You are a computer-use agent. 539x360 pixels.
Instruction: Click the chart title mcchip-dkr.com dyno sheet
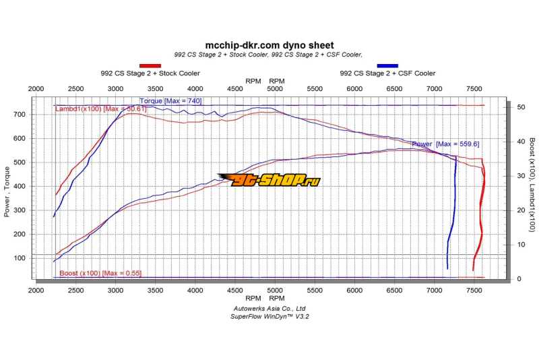[x=269, y=45]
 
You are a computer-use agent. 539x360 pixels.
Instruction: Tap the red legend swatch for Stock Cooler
[x=150, y=65]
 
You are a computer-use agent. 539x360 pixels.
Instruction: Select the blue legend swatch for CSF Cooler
[x=387, y=65]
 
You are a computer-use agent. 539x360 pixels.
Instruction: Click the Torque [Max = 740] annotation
[x=170, y=101]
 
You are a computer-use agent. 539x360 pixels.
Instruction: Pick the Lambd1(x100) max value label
[x=100, y=109]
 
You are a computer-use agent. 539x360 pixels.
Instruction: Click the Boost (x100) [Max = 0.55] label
[x=100, y=273]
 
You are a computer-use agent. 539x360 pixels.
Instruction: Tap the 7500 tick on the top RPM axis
[x=474, y=89]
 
